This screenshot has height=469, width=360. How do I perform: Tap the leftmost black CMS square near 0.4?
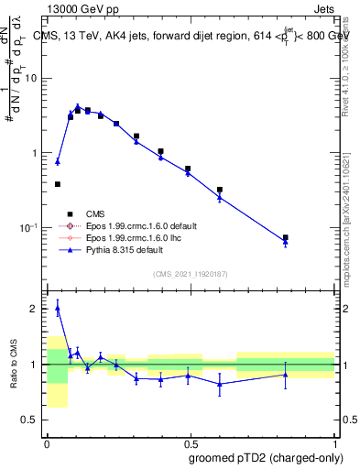point(58,184)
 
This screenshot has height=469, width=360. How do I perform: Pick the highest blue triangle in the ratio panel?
point(58,309)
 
